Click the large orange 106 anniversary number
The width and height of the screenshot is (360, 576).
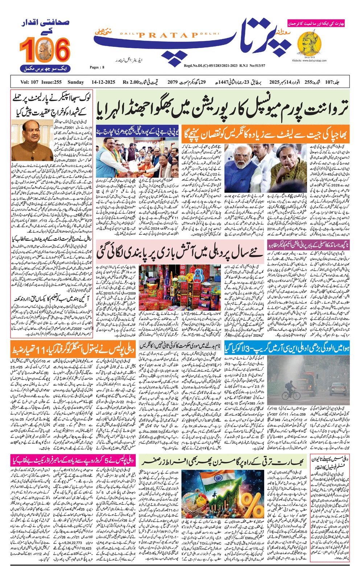coord(44,50)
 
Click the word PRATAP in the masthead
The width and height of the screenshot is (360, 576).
coord(167,34)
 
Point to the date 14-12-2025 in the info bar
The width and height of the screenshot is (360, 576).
coord(103,82)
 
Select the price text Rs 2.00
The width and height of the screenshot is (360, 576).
coord(131,82)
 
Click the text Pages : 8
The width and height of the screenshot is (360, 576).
coord(97,67)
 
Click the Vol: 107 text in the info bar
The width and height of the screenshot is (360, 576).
coord(29,82)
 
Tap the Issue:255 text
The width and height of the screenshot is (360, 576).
coord(52,82)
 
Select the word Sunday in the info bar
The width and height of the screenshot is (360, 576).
coord(75,82)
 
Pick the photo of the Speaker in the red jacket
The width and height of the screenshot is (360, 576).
coord(27,139)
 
